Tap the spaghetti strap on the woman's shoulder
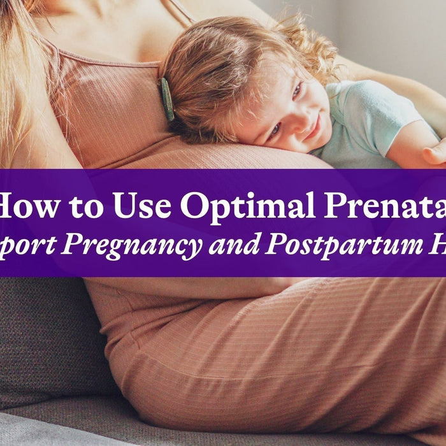coord(102,56)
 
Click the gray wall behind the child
coord(395,32)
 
